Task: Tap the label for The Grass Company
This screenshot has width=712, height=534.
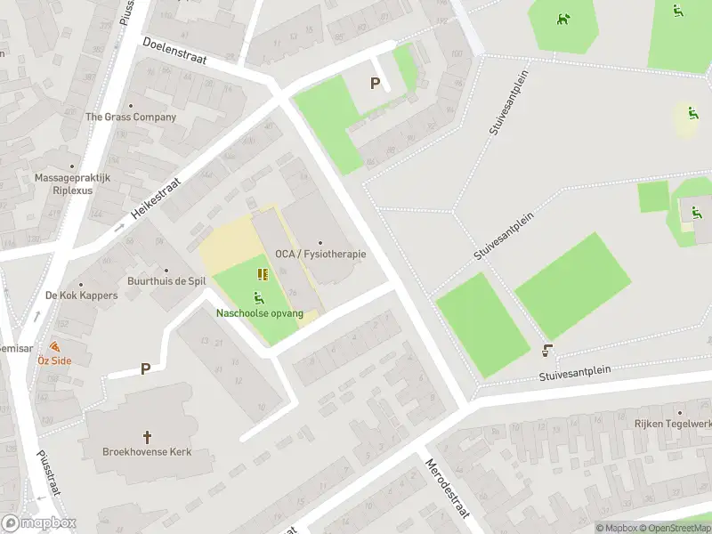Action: (131, 117)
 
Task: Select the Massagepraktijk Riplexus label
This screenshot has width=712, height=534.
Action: (72, 183)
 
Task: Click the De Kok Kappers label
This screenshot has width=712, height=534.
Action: (81, 295)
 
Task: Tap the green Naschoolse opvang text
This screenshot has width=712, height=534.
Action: (260, 313)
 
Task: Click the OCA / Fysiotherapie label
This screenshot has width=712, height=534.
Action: (320, 254)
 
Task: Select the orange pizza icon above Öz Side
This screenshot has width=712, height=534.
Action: (54, 346)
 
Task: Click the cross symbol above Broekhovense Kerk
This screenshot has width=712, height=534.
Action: (148, 437)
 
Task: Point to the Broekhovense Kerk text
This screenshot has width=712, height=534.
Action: (148, 452)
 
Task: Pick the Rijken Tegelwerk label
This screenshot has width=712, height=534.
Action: (678, 424)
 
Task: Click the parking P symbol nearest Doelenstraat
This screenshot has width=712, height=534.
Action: (375, 84)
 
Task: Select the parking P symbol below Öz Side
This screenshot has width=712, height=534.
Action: (144, 368)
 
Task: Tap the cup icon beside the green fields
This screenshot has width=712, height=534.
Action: (547, 352)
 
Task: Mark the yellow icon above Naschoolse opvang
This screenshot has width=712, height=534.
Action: (263, 274)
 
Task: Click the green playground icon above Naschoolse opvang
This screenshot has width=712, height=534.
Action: (259, 298)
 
